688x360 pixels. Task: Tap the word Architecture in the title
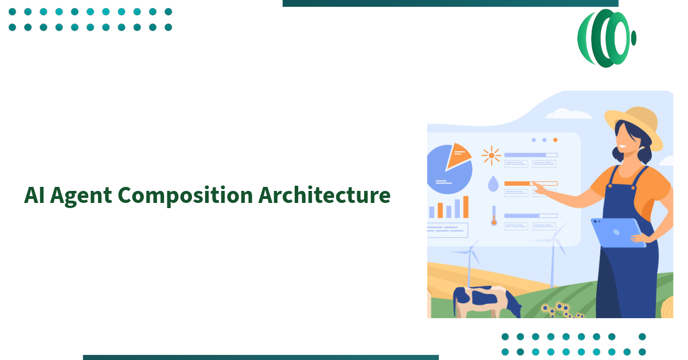pos(324,195)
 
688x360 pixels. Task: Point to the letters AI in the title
pos(33,195)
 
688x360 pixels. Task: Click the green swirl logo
pos(606,38)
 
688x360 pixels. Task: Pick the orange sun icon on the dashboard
pos(491,155)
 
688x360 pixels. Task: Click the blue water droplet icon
pos(492,183)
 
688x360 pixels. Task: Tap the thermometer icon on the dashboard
pos(494,216)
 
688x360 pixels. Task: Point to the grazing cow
pos(484,301)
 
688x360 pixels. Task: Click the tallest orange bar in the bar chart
pos(466,207)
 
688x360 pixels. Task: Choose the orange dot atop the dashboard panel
pos(555,140)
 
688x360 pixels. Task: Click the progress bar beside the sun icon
pos(530,155)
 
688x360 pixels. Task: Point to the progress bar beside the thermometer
pos(530,216)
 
